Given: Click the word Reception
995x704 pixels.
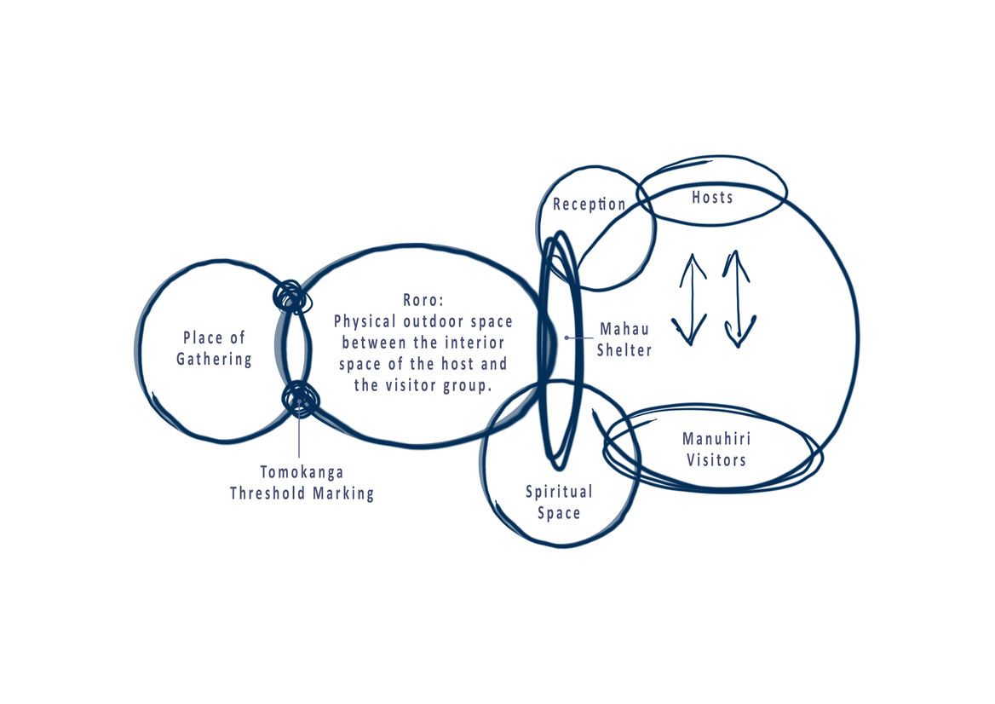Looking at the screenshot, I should [590, 205].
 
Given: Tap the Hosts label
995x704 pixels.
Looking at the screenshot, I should [712, 197].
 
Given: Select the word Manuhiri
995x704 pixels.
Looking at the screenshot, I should [716, 439].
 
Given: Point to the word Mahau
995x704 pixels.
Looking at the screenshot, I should [624, 328].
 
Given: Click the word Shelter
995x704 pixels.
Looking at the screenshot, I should [624, 349].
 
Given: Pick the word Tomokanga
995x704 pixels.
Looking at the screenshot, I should [302, 471].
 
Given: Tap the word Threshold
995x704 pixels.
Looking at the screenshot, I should [267, 493].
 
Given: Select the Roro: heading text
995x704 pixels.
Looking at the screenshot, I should [423, 301].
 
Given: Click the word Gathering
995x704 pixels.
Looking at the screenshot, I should [214, 359].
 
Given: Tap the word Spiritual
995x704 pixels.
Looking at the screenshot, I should [559, 492].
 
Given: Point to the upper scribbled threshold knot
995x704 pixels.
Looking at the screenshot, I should [290, 297].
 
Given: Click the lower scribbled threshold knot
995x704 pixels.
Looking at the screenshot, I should [300, 398].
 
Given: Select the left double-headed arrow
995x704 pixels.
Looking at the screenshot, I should [691, 299].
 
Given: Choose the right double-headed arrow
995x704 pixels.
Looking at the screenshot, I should [738, 299].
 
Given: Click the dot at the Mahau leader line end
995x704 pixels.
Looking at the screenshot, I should [567, 338].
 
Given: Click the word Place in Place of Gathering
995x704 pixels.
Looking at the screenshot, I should [203, 338].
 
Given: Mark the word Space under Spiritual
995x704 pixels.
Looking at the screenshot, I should [559, 513].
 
